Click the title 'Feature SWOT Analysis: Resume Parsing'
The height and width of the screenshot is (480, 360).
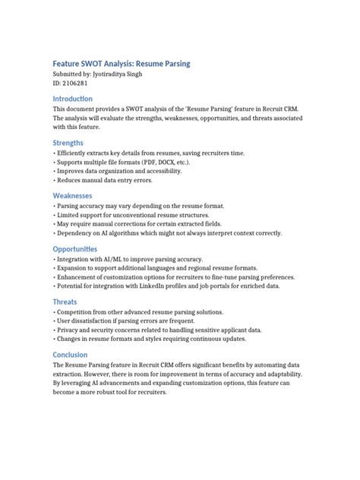[x=121, y=65]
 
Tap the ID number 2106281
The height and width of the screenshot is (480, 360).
[x=77, y=87]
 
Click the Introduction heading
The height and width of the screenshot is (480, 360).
[x=73, y=99]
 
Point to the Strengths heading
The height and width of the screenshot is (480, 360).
[x=68, y=143]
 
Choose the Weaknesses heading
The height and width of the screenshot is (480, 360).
[x=73, y=195]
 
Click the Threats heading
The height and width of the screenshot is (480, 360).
[x=65, y=302]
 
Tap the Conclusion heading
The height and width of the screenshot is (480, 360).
[x=71, y=355]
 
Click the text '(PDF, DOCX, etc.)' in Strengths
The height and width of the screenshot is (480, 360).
[x=159, y=163]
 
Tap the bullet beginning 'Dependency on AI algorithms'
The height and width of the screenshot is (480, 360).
[x=182, y=234]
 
